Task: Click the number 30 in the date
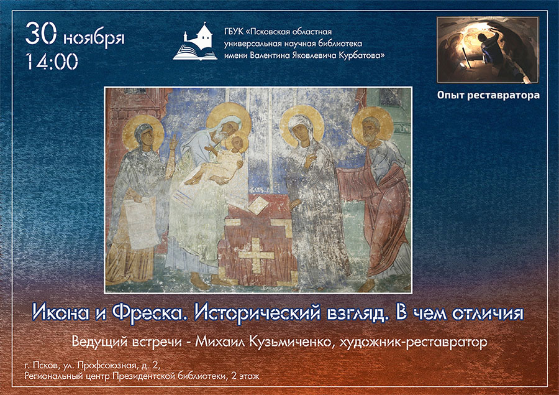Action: coord(40,34)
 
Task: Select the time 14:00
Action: coord(52,61)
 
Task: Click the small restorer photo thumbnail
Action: coord(488,50)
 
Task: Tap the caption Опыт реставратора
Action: coord(488,95)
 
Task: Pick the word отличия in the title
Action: coord(488,313)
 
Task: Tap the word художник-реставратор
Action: coord(413,343)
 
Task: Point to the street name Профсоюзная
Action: coord(107,366)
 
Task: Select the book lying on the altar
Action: coord(259,205)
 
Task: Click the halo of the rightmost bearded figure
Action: coord(372,126)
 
